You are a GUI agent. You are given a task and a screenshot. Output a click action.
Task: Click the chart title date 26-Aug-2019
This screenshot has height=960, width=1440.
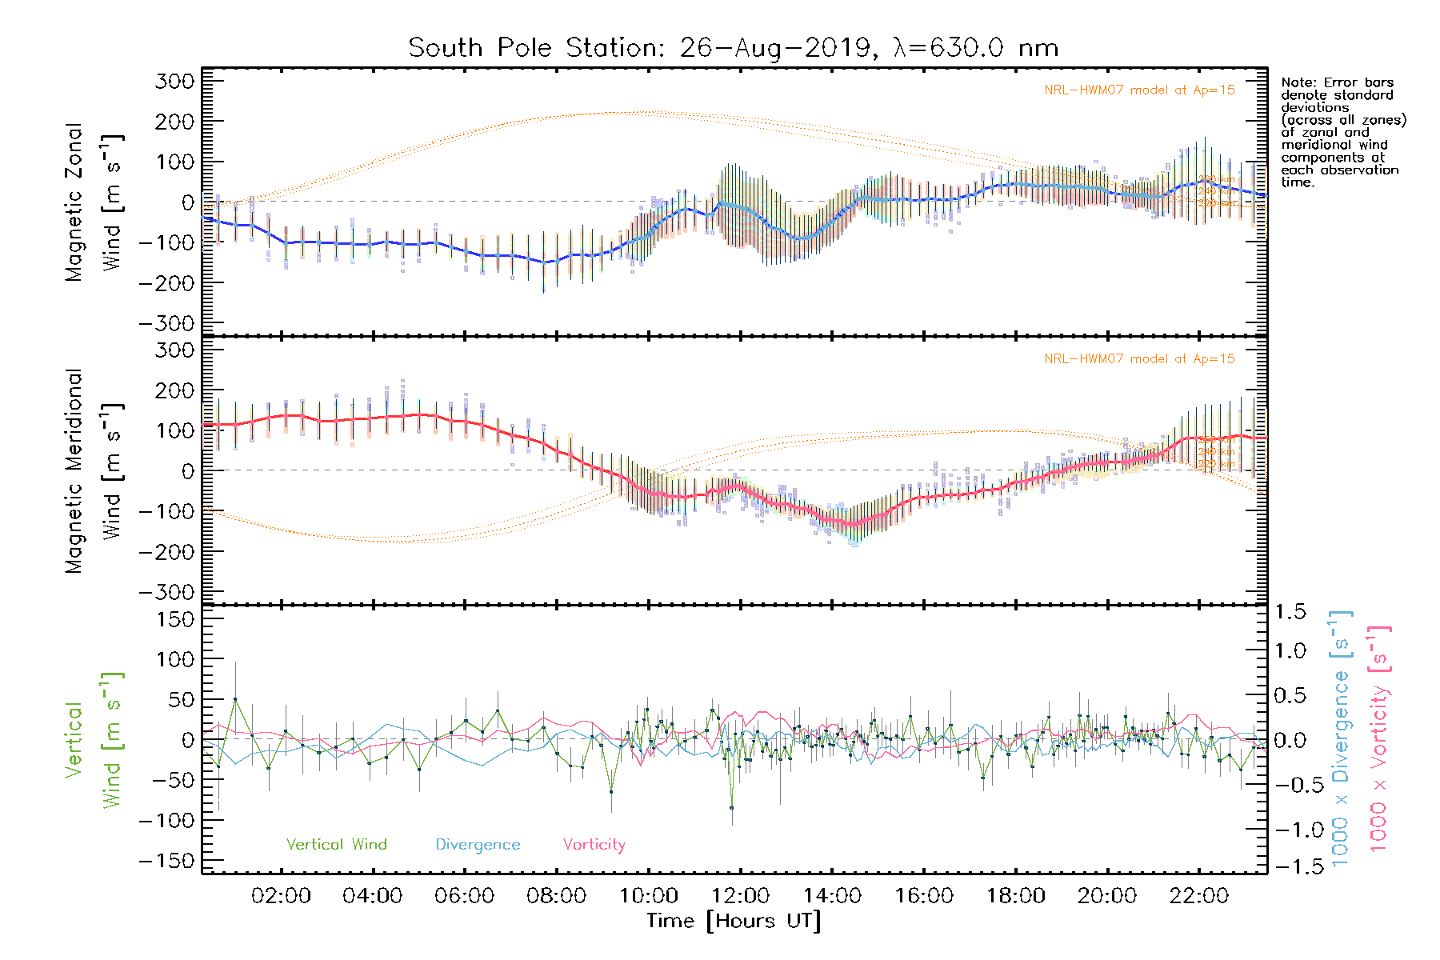(x=774, y=48)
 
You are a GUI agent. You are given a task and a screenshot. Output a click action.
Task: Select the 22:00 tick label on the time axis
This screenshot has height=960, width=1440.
(x=1198, y=895)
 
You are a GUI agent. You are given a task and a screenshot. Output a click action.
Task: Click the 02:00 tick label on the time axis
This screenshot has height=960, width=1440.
(x=281, y=895)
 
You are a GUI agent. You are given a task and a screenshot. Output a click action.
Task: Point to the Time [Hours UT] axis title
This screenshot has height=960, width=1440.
(x=734, y=921)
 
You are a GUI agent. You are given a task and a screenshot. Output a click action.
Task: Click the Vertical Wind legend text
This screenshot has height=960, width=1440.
(x=336, y=845)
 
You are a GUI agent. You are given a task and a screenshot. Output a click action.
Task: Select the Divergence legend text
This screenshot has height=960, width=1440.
(x=478, y=845)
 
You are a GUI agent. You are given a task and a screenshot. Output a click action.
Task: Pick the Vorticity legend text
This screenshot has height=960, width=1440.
(x=594, y=845)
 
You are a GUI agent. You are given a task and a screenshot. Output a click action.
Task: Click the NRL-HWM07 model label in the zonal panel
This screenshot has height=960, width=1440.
(x=1139, y=90)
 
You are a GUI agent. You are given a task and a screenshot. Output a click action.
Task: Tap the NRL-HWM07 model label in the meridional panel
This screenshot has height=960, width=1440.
(x=1139, y=359)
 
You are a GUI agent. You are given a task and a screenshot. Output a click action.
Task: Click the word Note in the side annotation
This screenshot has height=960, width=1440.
(x=1298, y=82)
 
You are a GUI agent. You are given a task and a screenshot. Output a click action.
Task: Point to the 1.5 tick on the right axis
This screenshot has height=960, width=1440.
(x=1290, y=612)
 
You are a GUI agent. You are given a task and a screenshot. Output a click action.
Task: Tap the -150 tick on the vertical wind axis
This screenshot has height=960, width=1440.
(x=166, y=862)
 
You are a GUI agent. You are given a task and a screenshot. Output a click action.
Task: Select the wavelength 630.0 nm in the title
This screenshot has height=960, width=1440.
(x=976, y=48)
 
